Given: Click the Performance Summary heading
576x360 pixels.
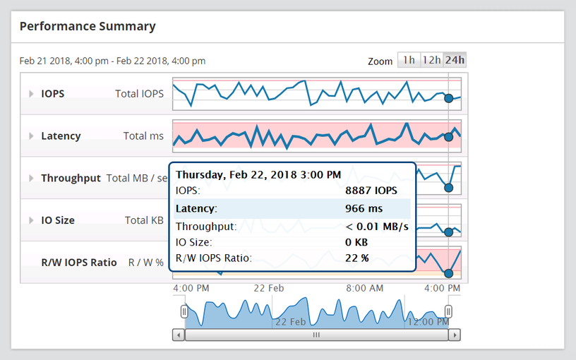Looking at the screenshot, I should point(88,27).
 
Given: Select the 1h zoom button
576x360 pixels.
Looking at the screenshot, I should point(409,60).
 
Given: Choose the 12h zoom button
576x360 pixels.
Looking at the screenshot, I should point(431,60).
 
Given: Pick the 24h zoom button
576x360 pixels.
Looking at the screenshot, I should point(455,60).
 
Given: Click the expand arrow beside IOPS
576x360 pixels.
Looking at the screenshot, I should point(31,94).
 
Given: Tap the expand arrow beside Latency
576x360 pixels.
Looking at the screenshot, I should point(31,136).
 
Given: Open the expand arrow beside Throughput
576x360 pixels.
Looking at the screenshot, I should point(31,179).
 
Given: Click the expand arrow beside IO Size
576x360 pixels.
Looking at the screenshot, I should point(31,220).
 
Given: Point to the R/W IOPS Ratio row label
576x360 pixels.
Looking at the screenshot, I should point(79,263).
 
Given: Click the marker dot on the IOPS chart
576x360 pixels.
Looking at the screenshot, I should point(448,99).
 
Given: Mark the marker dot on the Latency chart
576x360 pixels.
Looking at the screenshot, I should point(448,137).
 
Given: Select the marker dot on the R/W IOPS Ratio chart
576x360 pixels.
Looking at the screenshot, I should point(448,273).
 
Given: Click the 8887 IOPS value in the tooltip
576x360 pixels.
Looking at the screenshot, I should point(371,191).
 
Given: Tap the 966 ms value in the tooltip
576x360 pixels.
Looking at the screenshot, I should point(364,209).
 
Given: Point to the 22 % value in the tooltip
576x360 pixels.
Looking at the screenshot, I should point(357,258).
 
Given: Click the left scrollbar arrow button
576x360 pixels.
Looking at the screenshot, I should point(179,335).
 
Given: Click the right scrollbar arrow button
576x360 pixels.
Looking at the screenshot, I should point(455,335).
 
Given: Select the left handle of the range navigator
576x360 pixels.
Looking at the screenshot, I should point(184,311).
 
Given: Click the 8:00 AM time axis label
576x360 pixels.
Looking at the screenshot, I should point(366,289).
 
